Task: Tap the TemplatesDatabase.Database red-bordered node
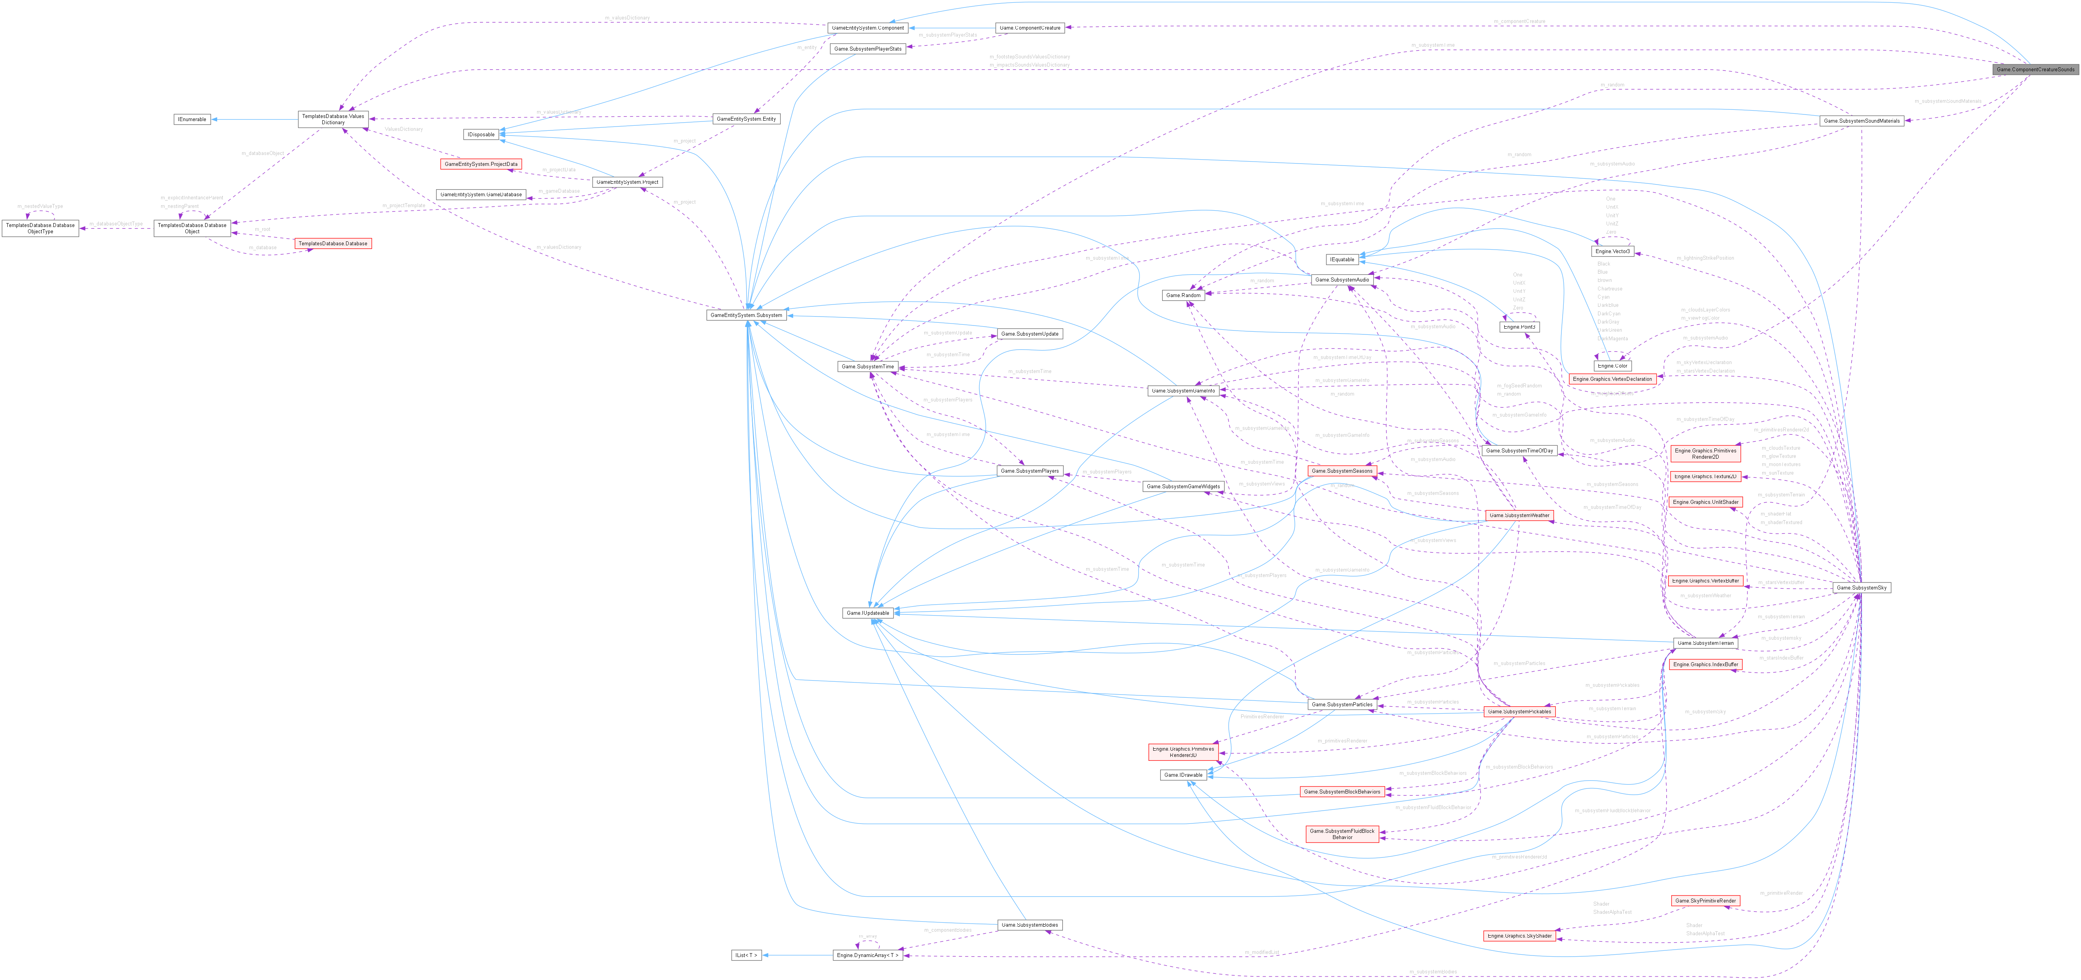pos(333,243)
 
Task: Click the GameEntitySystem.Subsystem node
pos(746,315)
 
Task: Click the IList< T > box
pos(746,955)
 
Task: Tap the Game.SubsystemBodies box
pos(1029,925)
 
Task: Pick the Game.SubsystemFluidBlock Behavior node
pos(1342,834)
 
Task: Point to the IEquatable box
pos(1342,259)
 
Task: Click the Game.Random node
pos(1184,296)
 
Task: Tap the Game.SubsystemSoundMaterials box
pos(1861,121)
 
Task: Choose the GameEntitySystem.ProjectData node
pos(481,164)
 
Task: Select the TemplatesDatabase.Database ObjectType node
pos(40,229)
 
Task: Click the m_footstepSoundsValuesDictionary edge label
pos(1029,56)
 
